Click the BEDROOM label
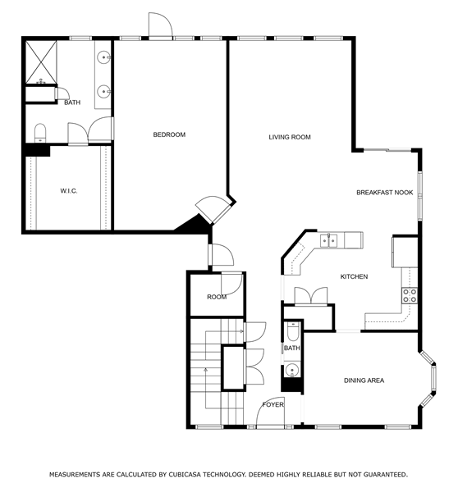[x=169, y=134]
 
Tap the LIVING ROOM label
[x=290, y=137]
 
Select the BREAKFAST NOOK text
[x=384, y=193]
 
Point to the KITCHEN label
[x=354, y=276]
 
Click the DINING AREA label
[x=364, y=380]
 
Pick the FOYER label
[x=273, y=405]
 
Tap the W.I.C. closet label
[x=69, y=191]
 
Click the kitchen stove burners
[x=410, y=295]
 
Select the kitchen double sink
[x=328, y=240]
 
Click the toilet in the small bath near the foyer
[x=293, y=331]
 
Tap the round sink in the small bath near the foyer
[x=292, y=370]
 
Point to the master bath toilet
[x=40, y=133]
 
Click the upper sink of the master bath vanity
[x=103, y=57]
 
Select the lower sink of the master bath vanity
[x=103, y=92]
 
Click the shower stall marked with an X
[x=41, y=62]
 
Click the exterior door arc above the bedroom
[x=167, y=20]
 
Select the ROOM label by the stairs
[x=217, y=297]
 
